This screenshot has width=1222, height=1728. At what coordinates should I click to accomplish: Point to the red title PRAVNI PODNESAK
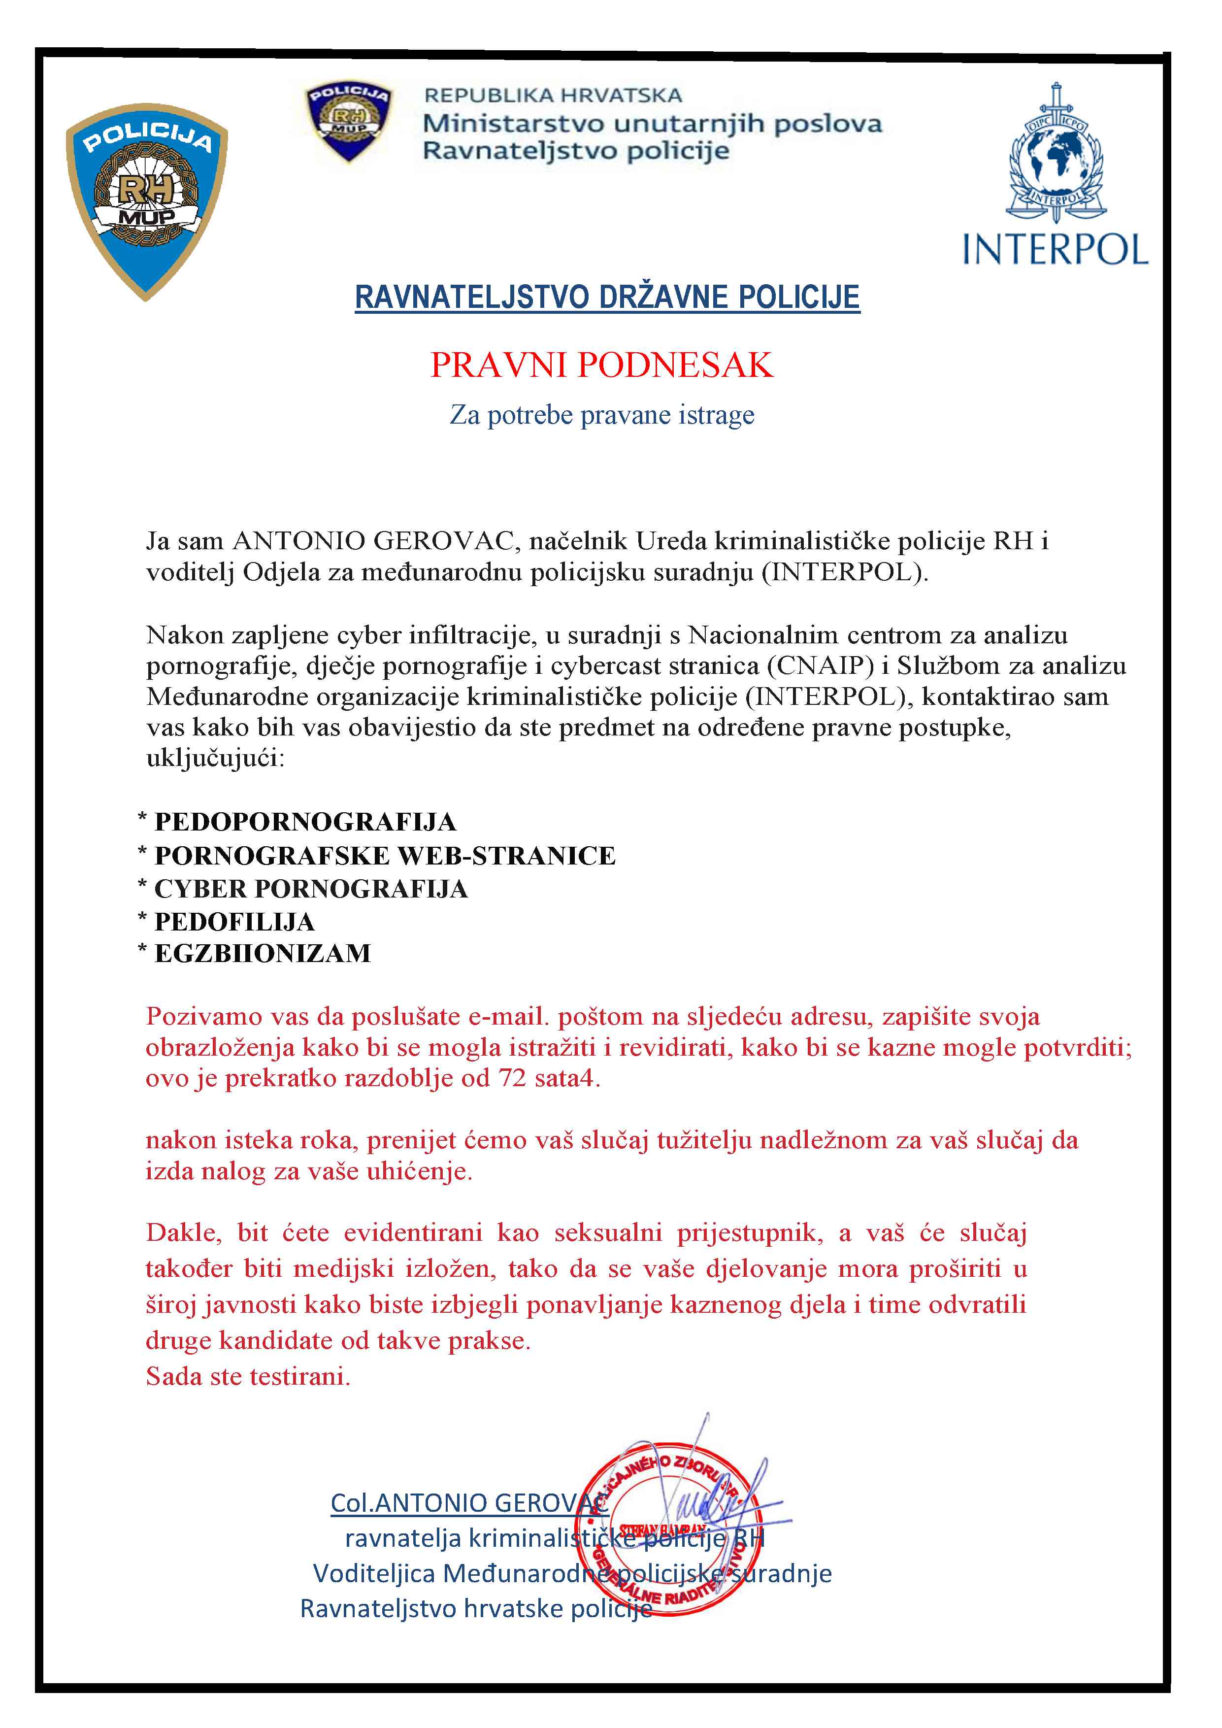coord(601,365)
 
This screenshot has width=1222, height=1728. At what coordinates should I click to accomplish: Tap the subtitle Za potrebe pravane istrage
coord(601,415)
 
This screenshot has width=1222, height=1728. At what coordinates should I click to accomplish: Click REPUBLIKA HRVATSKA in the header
coord(553,96)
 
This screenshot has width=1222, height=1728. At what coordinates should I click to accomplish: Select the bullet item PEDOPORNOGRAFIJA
coord(305,821)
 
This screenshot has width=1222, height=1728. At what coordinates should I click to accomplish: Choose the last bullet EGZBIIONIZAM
coord(263,954)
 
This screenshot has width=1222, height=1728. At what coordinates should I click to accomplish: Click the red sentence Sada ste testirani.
coord(248,1376)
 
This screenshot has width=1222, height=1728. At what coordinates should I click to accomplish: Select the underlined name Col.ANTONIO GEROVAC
coord(468,1503)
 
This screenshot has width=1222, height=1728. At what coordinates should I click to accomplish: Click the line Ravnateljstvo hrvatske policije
coord(476,1608)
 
